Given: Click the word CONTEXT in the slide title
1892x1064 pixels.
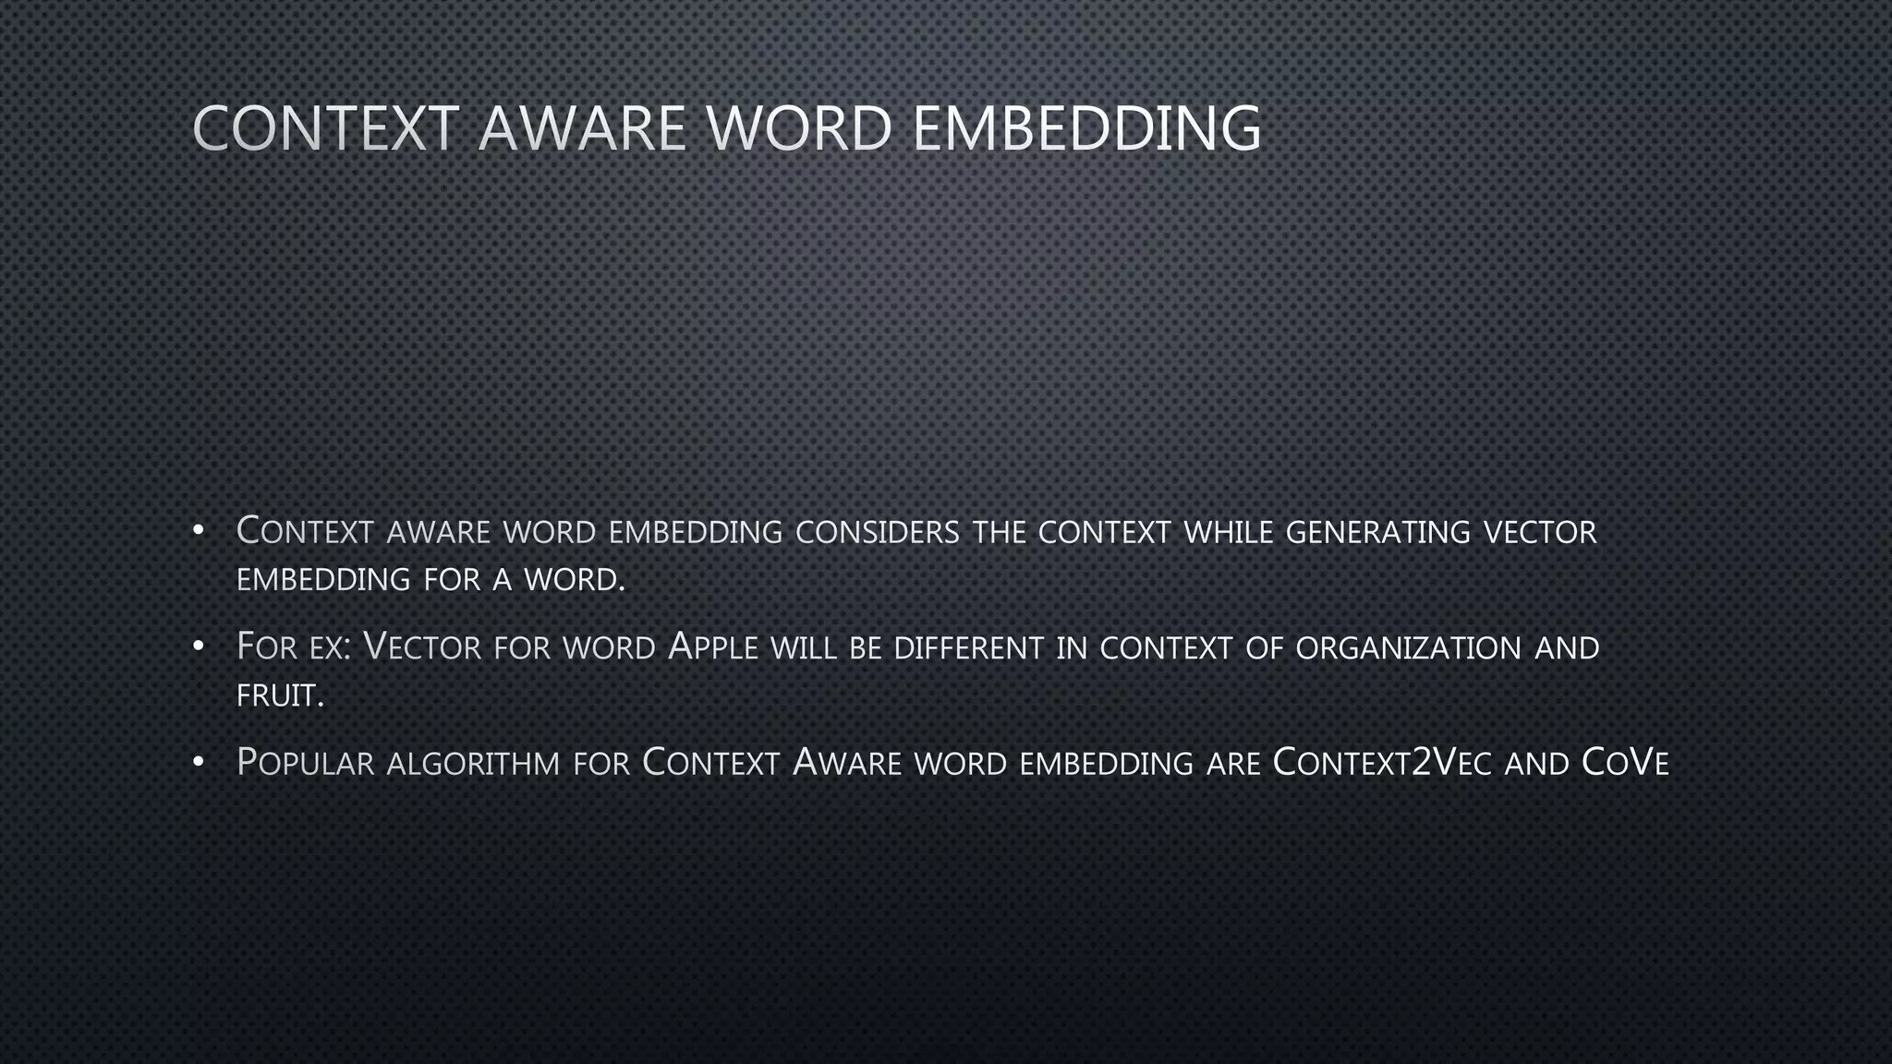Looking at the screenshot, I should (x=325, y=128).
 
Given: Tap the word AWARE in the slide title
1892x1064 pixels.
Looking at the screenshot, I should (x=582, y=128).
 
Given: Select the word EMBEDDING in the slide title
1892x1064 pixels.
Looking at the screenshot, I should (x=1086, y=128).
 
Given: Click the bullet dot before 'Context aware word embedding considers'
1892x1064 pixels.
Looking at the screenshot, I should (x=198, y=531).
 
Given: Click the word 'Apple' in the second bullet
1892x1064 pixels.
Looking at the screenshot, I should (x=712, y=647).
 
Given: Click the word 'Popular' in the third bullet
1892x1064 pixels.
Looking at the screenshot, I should (x=305, y=764).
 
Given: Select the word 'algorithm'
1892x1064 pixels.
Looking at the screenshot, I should (x=473, y=764).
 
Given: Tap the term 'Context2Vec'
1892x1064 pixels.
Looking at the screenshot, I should (x=1381, y=763).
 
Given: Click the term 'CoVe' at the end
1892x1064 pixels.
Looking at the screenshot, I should (x=1625, y=763).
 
